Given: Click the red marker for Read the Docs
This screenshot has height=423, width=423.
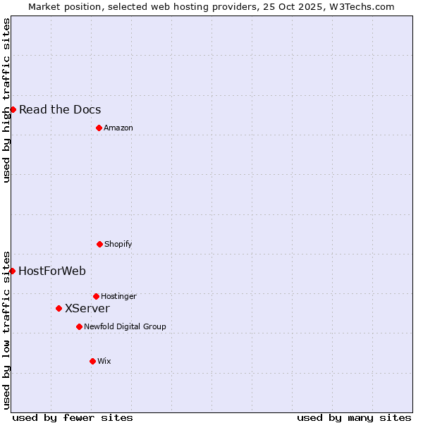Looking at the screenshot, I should click(x=13, y=109).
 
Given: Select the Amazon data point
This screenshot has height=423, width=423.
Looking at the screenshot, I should click(x=99, y=128).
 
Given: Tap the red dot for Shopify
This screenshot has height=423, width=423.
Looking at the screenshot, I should click(x=99, y=244).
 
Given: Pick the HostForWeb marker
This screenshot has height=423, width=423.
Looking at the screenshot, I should click(x=12, y=271).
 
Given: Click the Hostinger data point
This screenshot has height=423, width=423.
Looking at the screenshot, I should click(x=96, y=296).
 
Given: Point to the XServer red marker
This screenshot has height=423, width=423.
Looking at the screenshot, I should click(x=59, y=308).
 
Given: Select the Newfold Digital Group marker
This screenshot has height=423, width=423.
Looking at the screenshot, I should click(x=79, y=326).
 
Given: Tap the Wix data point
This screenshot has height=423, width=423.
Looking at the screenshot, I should click(x=92, y=361).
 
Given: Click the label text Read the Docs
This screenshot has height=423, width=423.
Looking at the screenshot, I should click(x=60, y=109).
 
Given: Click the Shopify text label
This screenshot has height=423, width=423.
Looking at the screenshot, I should click(x=118, y=244).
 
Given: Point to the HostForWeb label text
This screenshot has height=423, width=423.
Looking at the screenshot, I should click(x=52, y=271).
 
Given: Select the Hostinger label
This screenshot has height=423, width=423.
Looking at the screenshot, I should click(x=118, y=296).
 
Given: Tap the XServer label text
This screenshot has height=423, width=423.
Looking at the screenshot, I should click(x=87, y=308).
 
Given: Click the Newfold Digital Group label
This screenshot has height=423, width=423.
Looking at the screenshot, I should click(x=125, y=326).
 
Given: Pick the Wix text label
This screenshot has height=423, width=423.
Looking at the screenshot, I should click(x=104, y=361).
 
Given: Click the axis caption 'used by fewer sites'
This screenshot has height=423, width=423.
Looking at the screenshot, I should click(x=73, y=417).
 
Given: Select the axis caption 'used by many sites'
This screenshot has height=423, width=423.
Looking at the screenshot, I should click(x=354, y=417).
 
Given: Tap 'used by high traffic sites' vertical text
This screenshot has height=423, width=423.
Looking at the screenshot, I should click(x=6, y=100).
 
